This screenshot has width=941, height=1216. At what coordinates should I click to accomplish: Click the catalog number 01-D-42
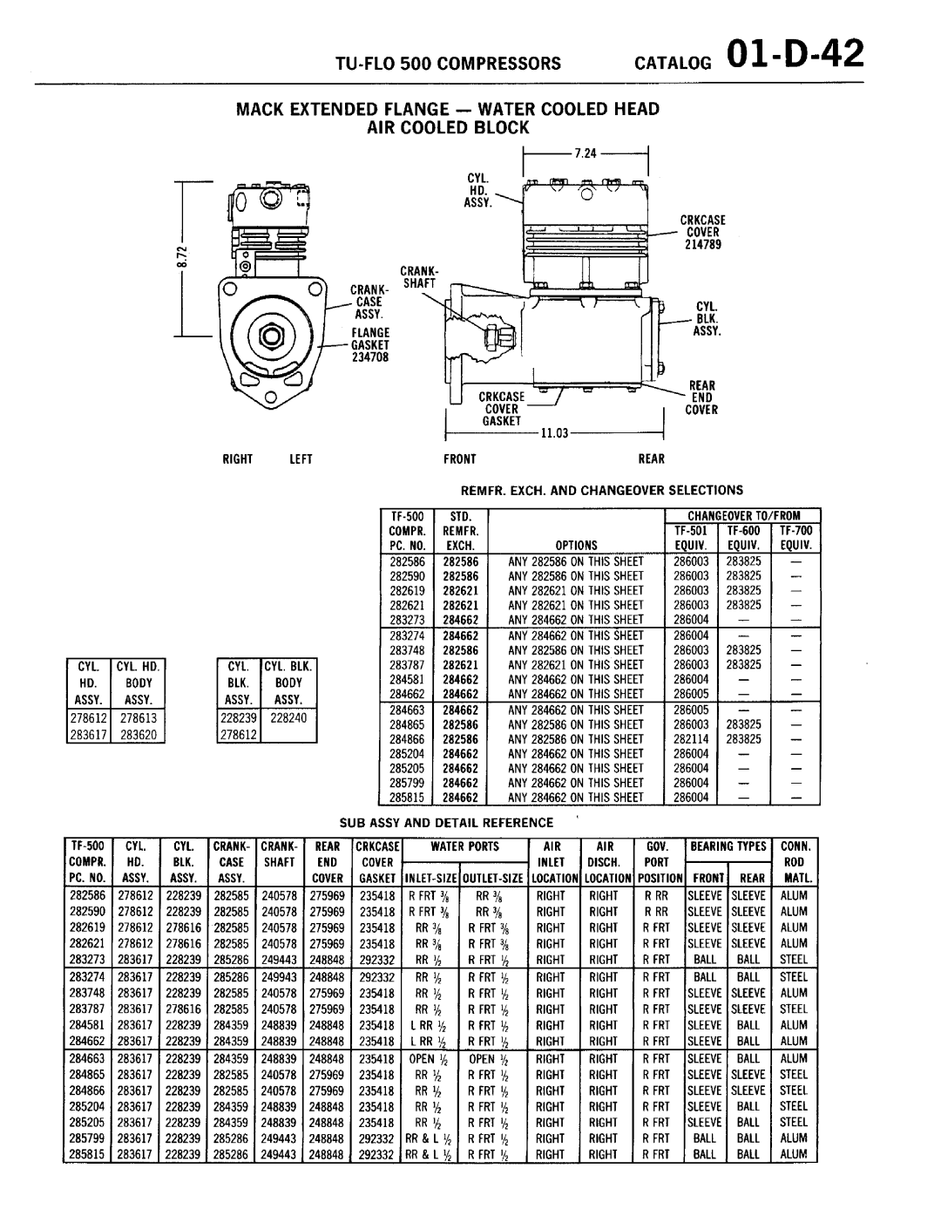(x=795, y=54)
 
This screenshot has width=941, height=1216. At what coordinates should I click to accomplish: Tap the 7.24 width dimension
(x=586, y=153)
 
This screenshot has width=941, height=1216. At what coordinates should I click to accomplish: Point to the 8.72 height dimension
(x=182, y=257)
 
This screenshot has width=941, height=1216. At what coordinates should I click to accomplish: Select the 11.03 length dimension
(x=554, y=433)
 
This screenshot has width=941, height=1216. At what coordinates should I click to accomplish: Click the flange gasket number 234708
(x=370, y=357)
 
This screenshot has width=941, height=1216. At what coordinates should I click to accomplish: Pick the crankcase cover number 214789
(x=703, y=245)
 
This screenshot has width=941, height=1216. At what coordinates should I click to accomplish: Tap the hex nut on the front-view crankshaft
(x=272, y=336)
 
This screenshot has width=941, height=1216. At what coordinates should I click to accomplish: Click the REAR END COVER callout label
(x=701, y=397)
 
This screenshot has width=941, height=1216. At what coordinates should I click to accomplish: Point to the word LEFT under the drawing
(x=301, y=459)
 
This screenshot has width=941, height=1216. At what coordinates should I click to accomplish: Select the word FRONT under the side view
(x=459, y=459)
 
